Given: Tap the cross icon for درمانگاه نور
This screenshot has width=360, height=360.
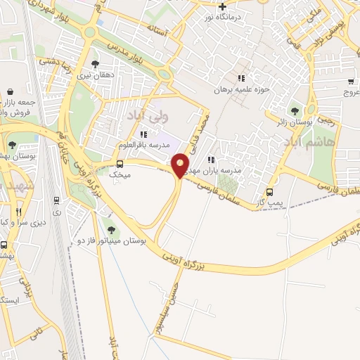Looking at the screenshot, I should coord(222,6).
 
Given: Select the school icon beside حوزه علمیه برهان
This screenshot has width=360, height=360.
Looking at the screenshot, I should coord(242,79).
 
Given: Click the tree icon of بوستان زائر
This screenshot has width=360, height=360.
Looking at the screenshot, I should coord(295,110).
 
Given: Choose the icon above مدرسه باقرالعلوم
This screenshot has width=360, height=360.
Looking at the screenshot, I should coord(144,134).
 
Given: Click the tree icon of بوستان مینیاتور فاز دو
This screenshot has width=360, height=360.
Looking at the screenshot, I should coord(109,229).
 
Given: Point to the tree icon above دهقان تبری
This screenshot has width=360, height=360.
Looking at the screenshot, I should coord(95,65).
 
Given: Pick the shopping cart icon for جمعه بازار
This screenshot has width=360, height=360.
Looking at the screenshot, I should coord(11,91).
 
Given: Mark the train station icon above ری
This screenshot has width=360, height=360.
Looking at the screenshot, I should coord(56,199).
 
